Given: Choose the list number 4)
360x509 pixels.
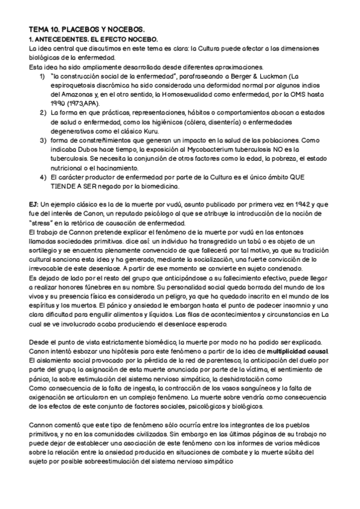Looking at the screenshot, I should (x=43, y=177).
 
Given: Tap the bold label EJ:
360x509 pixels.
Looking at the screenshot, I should (x=34, y=204).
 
